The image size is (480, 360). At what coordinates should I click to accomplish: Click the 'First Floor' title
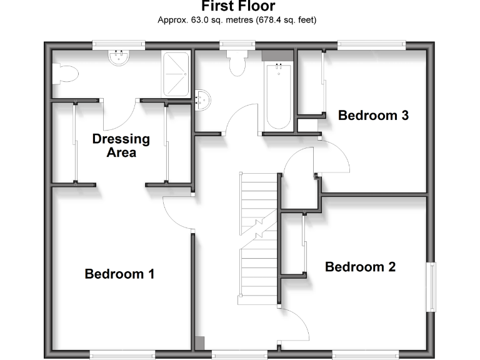238,7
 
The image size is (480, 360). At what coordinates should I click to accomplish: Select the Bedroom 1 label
119,274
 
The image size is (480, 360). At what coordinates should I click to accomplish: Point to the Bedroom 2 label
360,267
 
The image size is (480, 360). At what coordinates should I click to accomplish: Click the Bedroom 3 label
373,115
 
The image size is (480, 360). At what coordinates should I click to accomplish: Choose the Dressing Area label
121,145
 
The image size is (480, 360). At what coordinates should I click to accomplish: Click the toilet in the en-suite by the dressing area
65,74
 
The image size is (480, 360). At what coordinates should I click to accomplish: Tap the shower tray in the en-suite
176,73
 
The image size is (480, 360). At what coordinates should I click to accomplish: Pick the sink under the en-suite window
119,59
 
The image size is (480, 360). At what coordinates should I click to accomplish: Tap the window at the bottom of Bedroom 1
122,354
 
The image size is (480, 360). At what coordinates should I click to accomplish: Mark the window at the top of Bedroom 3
371,45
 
